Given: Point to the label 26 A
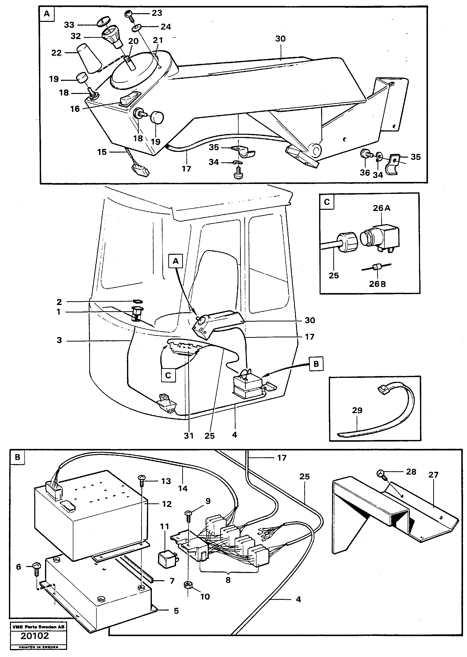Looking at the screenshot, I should coord(382,208).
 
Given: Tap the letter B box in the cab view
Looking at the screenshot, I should coord(316,364).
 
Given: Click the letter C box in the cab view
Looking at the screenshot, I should coord(168,375).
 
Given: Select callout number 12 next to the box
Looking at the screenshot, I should coord(167,504).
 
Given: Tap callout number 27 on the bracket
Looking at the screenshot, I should coord(433,475).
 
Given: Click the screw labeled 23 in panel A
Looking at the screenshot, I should coord(128,14).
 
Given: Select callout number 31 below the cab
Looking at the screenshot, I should coord(189,436).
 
